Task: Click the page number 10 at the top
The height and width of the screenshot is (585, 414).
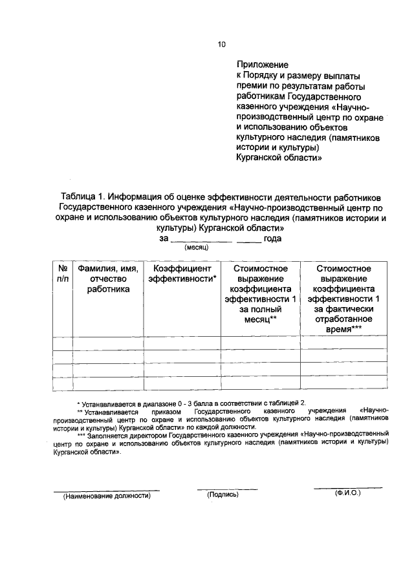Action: [x=221, y=45]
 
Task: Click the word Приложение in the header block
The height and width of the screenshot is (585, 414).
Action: [x=261, y=65]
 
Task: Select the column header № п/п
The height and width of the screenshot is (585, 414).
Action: [x=63, y=273]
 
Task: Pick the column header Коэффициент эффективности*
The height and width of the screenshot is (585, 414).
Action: [x=182, y=273]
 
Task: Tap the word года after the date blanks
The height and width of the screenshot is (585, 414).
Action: [x=272, y=239]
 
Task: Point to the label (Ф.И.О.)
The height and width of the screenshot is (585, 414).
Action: [x=347, y=493]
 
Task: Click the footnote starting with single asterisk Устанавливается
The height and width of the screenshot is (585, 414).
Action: [x=188, y=403]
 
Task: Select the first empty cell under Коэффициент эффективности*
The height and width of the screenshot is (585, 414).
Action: [x=182, y=343]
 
